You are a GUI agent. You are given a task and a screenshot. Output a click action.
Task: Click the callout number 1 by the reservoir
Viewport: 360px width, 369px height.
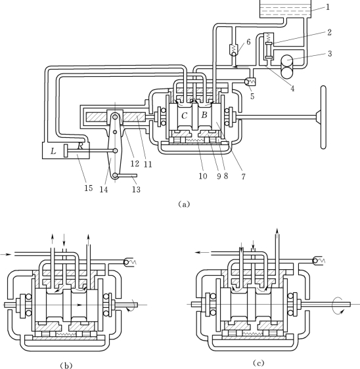click(x=328, y=7)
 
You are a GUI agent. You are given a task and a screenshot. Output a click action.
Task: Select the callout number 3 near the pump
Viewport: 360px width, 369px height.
click(x=330, y=54)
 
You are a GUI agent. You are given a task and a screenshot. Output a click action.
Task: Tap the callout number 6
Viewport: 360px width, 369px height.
click(x=248, y=42)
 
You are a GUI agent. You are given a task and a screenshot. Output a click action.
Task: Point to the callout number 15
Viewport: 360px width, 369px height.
click(x=89, y=188)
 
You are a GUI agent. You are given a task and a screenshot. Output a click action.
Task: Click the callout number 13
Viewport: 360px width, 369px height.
click(x=136, y=189)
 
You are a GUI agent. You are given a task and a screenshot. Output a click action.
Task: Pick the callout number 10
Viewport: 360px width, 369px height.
click(x=203, y=176)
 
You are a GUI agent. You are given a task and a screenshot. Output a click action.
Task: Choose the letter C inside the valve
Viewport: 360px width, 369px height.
click(x=185, y=116)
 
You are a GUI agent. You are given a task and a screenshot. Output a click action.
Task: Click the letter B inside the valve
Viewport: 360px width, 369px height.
click(x=204, y=115)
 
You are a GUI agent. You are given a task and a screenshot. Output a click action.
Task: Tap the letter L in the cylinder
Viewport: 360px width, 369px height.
click(x=53, y=151)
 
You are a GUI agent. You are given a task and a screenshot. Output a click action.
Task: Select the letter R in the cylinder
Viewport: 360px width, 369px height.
click(x=80, y=146)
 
